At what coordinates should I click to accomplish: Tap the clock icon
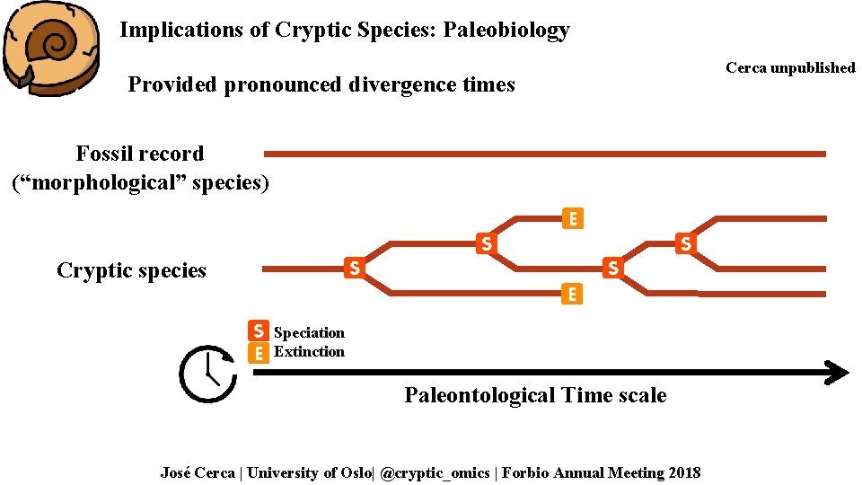coord(207,373)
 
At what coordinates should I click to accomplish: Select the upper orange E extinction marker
coord(571,218)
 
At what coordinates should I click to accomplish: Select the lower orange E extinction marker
coord(570,294)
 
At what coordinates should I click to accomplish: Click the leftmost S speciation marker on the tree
coord(355,267)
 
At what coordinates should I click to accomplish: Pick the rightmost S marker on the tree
coord(685,242)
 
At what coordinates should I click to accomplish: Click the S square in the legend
coord(258,331)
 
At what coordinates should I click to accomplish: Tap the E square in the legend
coord(258,352)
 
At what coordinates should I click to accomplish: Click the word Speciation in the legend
coord(309,333)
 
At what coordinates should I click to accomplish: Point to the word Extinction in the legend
coord(309,352)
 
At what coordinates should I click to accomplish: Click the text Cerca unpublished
coord(790,68)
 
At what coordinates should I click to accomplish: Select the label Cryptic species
coord(131,270)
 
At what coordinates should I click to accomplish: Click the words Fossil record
coord(139,154)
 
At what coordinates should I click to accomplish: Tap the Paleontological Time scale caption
coord(535,395)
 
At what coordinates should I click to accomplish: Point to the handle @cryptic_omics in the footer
coord(437,472)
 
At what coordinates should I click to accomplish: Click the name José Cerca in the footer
coord(198,472)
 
